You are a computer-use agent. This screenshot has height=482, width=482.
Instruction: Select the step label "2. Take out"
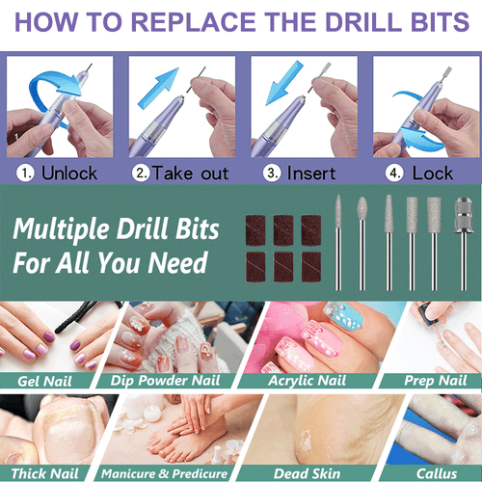[181, 174]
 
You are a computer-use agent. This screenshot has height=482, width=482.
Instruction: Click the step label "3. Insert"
[301, 174]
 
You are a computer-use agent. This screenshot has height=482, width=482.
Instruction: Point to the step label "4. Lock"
[421, 174]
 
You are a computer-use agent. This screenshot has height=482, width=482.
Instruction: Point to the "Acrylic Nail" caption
[302, 381]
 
